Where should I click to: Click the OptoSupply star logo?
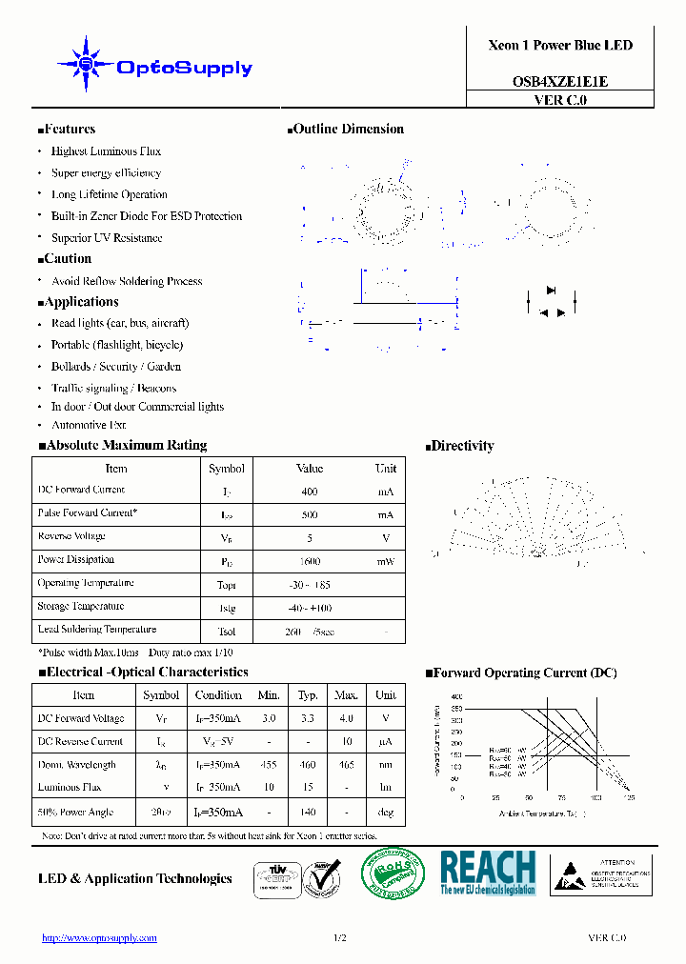(x=86, y=65)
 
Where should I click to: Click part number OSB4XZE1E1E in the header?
(x=560, y=82)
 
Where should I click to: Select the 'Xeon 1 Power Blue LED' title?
(x=560, y=45)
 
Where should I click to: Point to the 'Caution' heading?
(x=67, y=259)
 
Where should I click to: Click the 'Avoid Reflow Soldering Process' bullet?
(x=127, y=281)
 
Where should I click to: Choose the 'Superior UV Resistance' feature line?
(x=107, y=238)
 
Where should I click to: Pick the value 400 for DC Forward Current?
(x=310, y=492)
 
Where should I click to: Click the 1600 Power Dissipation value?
(x=310, y=562)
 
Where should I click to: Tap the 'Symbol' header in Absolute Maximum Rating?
(x=227, y=469)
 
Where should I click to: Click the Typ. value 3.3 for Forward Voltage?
(x=308, y=719)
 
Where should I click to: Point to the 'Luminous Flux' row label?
(x=70, y=788)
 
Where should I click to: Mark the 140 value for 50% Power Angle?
(x=308, y=813)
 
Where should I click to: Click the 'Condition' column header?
(x=218, y=695)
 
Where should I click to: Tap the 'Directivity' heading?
(x=462, y=446)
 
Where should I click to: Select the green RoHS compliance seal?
(x=393, y=873)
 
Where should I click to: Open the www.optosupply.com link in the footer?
(x=99, y=938)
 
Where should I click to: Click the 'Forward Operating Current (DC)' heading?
(x=524, y=673)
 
